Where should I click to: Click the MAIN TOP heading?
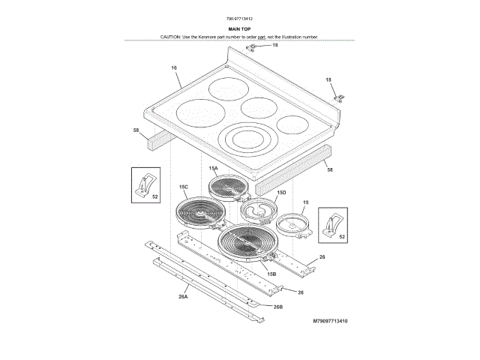point(239,28)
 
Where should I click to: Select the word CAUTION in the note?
point(172,36)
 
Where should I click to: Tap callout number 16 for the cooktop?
point(174,68)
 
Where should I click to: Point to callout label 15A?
point(213,169)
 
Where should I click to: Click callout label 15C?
point(184,186)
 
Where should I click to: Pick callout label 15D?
point(281,192)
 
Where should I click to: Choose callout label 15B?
point(271,274)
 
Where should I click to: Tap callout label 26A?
point(183,296)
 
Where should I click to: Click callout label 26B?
point(277,306)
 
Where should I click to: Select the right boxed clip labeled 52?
point(330,223)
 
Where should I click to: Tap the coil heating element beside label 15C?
point(198,211)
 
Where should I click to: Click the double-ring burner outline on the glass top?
point(246,139)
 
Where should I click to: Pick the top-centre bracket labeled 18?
point(253,48)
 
